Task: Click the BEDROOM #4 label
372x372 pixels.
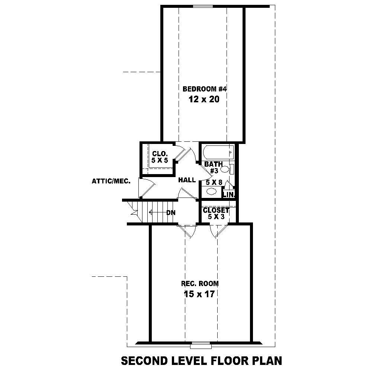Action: [205, 89]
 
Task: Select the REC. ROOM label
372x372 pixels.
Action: [200, 283]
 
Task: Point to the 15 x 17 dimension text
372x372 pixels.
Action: [200, 294]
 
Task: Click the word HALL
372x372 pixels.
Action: [187, 180]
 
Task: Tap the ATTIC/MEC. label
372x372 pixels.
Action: [111, 182]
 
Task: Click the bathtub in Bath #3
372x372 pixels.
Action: [218, 152]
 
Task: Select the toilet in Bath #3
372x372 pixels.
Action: [225, 169]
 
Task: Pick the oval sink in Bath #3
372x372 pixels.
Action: [211, 192]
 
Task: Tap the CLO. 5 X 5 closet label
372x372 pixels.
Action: [160, 157]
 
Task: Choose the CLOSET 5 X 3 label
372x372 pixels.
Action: [216, 214]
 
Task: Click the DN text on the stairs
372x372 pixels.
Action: [171, 213]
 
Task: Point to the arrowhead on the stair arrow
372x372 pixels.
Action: [151, 213]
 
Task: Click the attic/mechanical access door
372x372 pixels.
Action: [145, 187]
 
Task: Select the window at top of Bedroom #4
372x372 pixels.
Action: [203, 6]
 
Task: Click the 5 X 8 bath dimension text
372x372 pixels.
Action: [214, 182]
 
